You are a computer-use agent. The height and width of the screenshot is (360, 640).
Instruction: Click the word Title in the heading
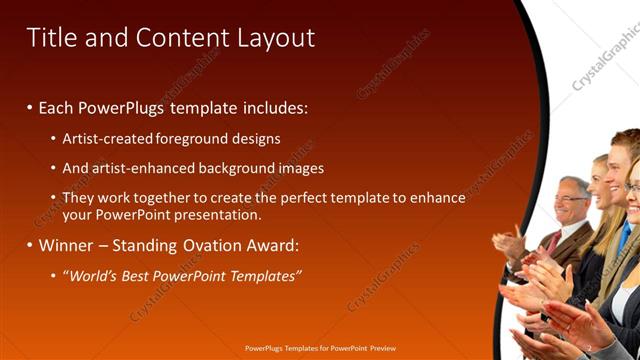pos(50,38)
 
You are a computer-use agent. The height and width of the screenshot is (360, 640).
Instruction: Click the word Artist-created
pos(108,139)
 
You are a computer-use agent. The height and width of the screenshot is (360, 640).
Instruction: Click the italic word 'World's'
pos(93,275)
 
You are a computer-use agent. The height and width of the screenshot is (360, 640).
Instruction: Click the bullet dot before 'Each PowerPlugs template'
pos(30,106)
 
